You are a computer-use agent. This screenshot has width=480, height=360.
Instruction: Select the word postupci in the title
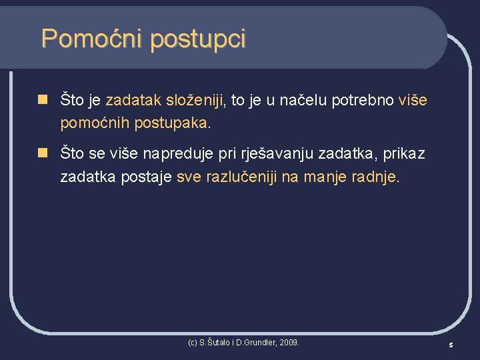(x=197, y=40)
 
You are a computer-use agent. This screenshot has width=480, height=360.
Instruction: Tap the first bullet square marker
(x=42, y=100)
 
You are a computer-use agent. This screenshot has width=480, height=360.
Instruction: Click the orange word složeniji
(x=196, y=101)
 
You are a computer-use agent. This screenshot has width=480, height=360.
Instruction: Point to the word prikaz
(x=403, y=155)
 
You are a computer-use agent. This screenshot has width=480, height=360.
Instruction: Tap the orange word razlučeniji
(x=243, y=177)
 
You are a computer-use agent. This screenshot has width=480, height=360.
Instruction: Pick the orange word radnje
(x=374, y=177)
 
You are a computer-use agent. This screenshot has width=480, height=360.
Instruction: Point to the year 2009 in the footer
(x=289, y=343)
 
